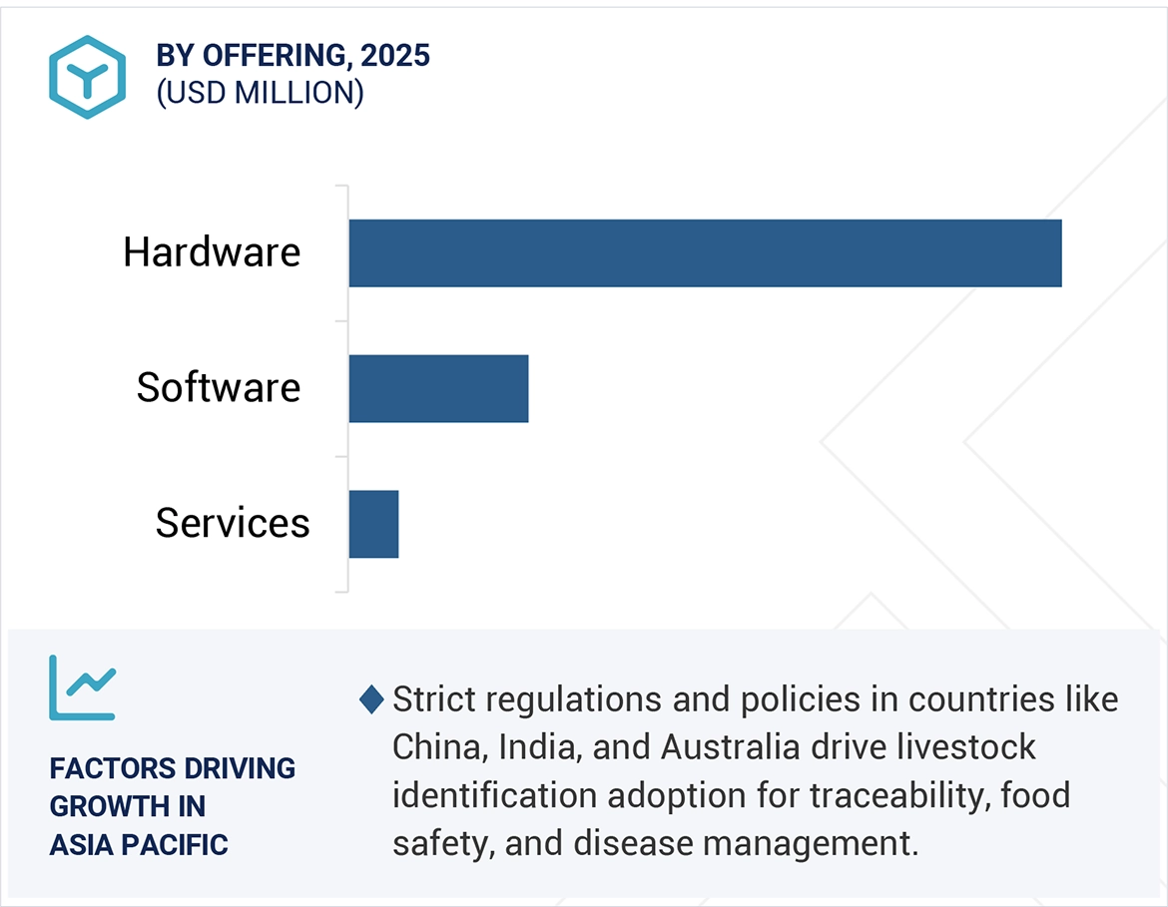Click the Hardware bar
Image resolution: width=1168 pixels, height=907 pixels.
(x=705, y=253)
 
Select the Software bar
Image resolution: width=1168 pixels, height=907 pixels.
(x=438, y=388)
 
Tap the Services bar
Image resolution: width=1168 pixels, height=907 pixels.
(x=373, y=524)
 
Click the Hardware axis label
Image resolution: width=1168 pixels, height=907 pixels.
(x=212, y=252)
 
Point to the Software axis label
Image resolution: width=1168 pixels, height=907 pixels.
(x=219, y=387)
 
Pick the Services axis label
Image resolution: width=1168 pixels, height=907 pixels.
(x=233, y=523)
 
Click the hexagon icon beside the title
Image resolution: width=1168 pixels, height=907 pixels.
(x=87, y=77)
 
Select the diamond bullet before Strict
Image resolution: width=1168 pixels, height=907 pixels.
(x=371, y=700)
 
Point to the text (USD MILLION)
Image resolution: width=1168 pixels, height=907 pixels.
(x=260, y=93)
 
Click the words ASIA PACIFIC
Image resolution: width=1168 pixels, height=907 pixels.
(x=139, y=845)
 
